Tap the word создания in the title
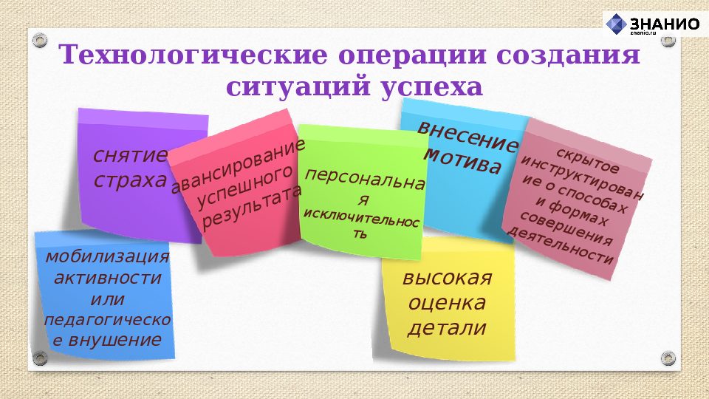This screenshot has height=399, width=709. (x=569, y=55)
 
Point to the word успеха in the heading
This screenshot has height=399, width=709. (x=432, y=88)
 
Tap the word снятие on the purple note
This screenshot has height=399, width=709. (x=131, y=155)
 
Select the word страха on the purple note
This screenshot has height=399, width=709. (x=130, y=180)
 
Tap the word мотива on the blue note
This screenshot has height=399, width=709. (x=462, y=160)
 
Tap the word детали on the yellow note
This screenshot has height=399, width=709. (x=448, y=327)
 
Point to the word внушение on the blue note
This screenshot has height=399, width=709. (x=114, y=341)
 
